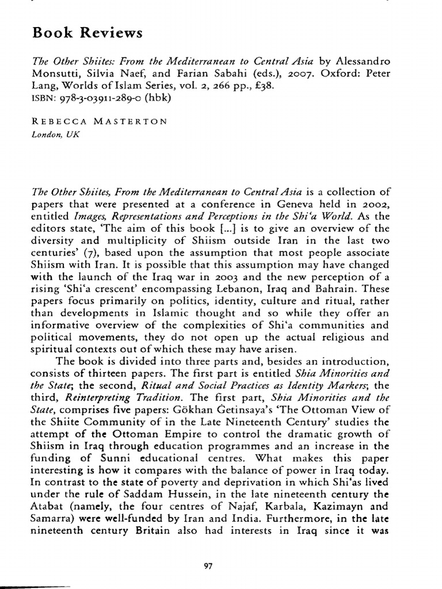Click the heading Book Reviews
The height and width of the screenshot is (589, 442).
click(87, 33)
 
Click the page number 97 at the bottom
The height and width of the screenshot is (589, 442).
click(209, 549)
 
